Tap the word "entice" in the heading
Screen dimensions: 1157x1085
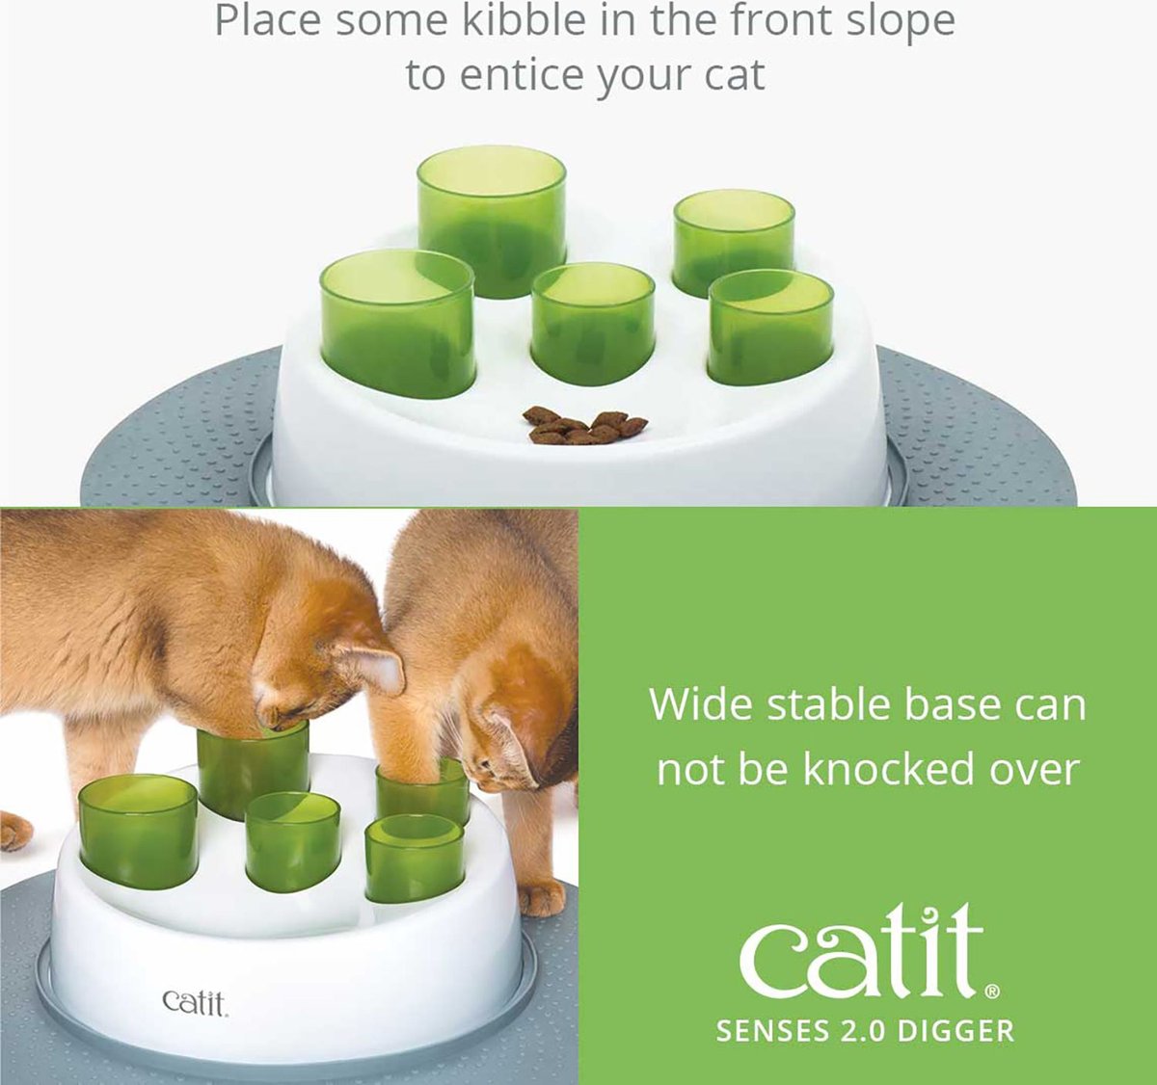pos(523,75)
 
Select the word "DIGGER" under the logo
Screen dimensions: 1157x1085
pos(955,1030)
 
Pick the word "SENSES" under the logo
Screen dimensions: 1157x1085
pos(773,1030)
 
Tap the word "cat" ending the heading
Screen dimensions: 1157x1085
pos(733,75)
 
